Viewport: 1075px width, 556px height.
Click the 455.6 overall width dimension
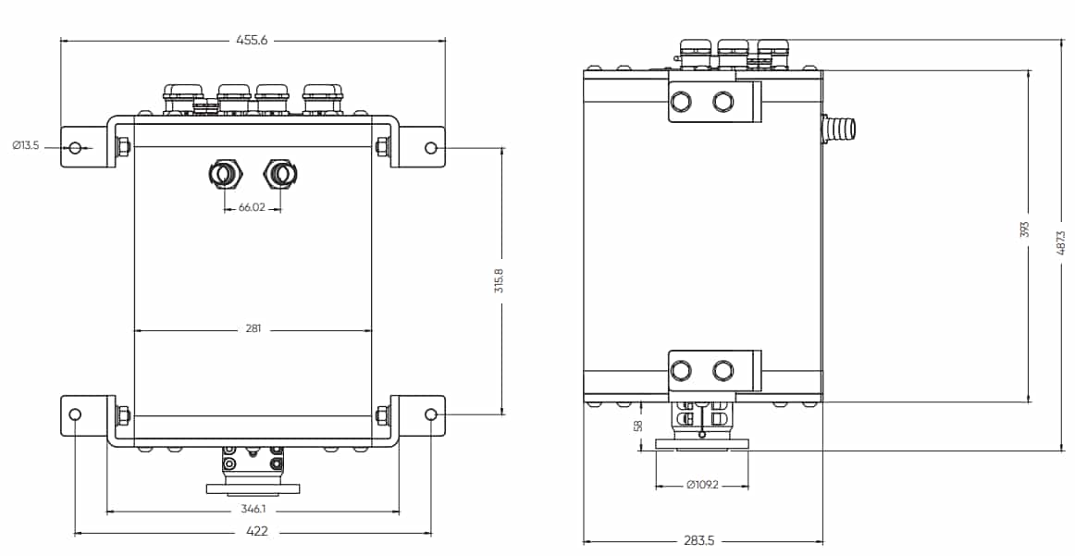point(252,40)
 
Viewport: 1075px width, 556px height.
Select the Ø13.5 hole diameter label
point(26,145)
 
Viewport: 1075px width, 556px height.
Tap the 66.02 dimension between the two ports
point(252,208)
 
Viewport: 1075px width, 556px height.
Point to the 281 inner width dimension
point(253,329)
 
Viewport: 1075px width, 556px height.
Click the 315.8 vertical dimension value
point(500,280)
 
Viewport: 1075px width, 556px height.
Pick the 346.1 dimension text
point(253,510)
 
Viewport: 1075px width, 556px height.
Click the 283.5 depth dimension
point(698,541)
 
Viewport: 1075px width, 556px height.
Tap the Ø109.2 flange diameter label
point(702,485)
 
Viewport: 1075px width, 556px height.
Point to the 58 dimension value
point(638,426)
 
